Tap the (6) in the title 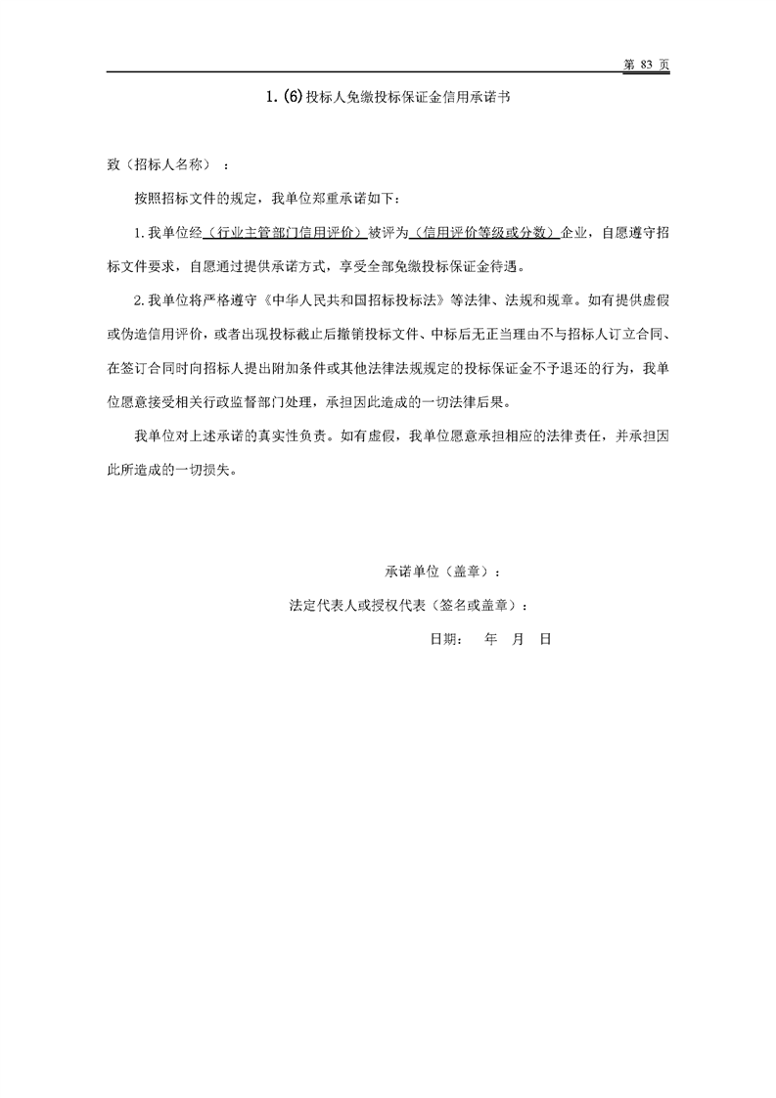click(x=293, y=99)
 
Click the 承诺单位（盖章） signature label click(x=444, y=571)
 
